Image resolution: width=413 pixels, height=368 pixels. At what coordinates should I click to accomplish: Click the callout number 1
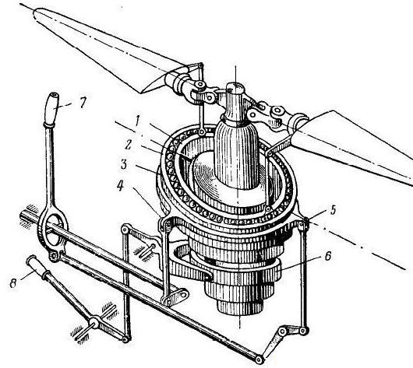click(x=137, y=122)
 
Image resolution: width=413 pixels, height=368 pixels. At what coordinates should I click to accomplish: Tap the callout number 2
click(x=128, y=144)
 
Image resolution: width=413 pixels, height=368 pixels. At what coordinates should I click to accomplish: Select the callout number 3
click(x=124, y=164)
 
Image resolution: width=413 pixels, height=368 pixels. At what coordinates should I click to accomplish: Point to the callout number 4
click(x=120, y=185)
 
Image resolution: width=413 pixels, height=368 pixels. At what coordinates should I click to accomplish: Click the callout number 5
click(x=334, y=209)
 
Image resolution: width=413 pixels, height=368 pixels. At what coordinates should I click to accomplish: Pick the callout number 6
click(x=328, y=256)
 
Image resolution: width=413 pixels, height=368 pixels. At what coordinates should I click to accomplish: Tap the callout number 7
click(x=83, y=103)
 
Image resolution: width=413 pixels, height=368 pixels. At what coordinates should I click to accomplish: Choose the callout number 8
click(x=12, y=282)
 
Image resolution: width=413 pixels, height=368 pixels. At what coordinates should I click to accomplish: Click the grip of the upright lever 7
click(x=52, y=109)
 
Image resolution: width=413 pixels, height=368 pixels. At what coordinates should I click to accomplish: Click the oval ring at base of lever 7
click(x=53, y=229)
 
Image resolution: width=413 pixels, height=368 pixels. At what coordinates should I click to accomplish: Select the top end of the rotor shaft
click(x=235, y=86)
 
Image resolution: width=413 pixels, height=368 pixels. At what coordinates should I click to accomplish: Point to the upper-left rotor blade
click(x=105, y=50)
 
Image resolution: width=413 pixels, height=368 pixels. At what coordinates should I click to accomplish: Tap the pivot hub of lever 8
click(x=94, y=321)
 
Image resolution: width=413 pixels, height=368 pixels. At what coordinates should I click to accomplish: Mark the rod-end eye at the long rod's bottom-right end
click(x=259, y=359)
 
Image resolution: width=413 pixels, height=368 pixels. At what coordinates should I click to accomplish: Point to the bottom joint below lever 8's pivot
click(x=126, y=339)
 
